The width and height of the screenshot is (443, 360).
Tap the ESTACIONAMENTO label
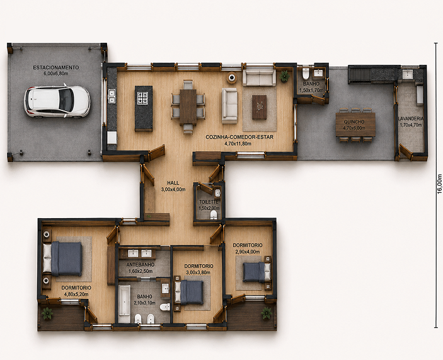coord(56,67)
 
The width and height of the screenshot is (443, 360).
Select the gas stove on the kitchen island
coord(142,98)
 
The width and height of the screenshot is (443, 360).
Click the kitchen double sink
coord(112,96)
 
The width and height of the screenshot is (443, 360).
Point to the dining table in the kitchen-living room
coord(188,107)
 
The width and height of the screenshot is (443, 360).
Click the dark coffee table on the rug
coord(260,107)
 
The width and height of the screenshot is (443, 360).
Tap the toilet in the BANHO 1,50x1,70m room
coord(306,74)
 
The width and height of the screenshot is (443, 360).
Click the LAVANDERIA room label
coord(411,119)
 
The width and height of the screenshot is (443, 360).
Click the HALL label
coord(173,183)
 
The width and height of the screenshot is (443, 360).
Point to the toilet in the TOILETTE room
coord(214,216)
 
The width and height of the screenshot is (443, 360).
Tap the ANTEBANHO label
coord(141,265)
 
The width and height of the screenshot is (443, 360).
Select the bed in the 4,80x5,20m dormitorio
coord(63,258)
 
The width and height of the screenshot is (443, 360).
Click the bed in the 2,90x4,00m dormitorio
coord(256,272)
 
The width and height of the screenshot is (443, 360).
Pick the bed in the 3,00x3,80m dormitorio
coord(189,293)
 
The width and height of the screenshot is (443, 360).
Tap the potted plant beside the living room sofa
coord(284,76)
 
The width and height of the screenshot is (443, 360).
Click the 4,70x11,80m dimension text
coord(238,144)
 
